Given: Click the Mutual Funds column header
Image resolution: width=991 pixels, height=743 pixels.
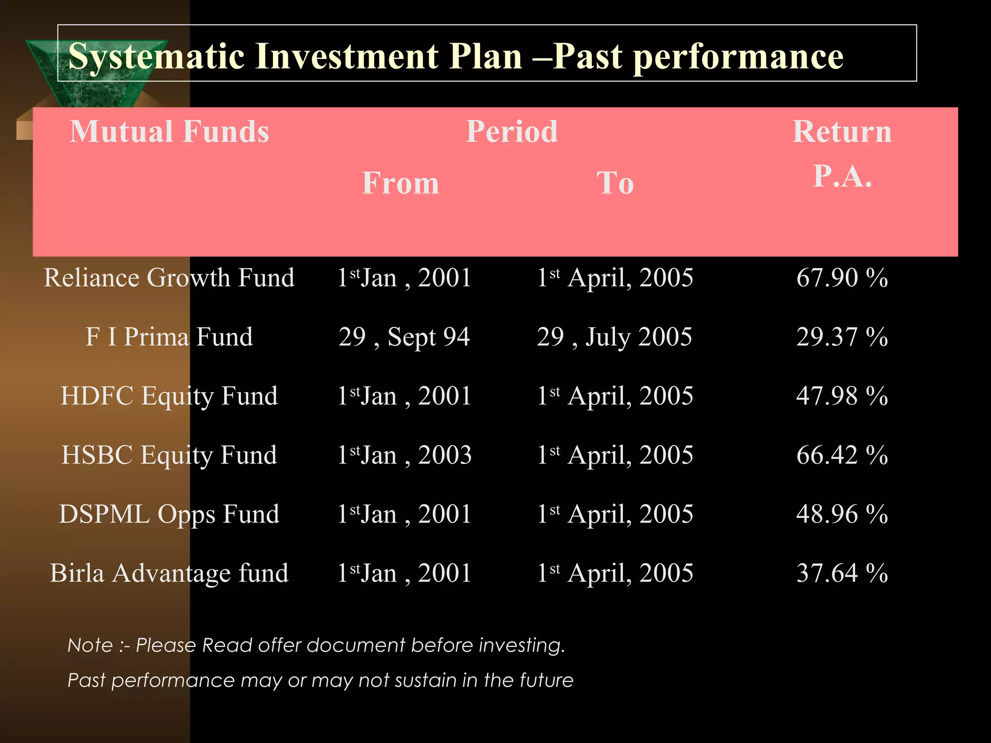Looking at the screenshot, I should coord(169,132).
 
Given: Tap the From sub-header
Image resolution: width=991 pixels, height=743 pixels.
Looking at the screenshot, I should coord(401,183).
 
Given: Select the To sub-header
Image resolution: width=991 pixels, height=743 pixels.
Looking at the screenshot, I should coord(615,183).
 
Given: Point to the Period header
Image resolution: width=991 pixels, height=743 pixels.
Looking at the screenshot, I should coord(511,132).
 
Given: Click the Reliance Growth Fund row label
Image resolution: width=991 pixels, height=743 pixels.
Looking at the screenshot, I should coord(169,278).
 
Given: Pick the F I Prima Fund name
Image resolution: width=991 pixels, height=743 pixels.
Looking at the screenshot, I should coord(169,337).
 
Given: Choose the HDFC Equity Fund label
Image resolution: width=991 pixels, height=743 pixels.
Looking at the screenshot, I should coord(169,396).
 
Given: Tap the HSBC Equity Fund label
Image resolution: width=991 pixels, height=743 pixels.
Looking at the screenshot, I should coord(169,455).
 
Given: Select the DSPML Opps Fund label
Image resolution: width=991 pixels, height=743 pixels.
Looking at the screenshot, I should coord(169,514).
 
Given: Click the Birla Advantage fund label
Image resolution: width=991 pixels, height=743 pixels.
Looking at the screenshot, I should coord(169,573).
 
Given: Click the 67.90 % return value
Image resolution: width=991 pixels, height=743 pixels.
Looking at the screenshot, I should coord(842,278).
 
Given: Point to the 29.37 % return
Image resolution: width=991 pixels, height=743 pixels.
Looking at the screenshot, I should coord(842,337).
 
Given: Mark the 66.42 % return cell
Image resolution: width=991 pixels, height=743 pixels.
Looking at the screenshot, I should coord(842,455).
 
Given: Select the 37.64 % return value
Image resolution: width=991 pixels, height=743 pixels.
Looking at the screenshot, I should coord(842,573).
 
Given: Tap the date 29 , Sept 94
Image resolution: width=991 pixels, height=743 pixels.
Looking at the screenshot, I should coord(404,337).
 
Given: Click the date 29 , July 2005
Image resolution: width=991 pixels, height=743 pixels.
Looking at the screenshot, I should coord(615,337).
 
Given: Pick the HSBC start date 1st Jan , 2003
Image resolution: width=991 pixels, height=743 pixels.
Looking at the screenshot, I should coord(404,455).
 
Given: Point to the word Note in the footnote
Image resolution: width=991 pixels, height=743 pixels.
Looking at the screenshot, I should coord(90,645).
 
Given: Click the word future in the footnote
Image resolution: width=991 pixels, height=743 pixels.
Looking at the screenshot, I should coord(546,681).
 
